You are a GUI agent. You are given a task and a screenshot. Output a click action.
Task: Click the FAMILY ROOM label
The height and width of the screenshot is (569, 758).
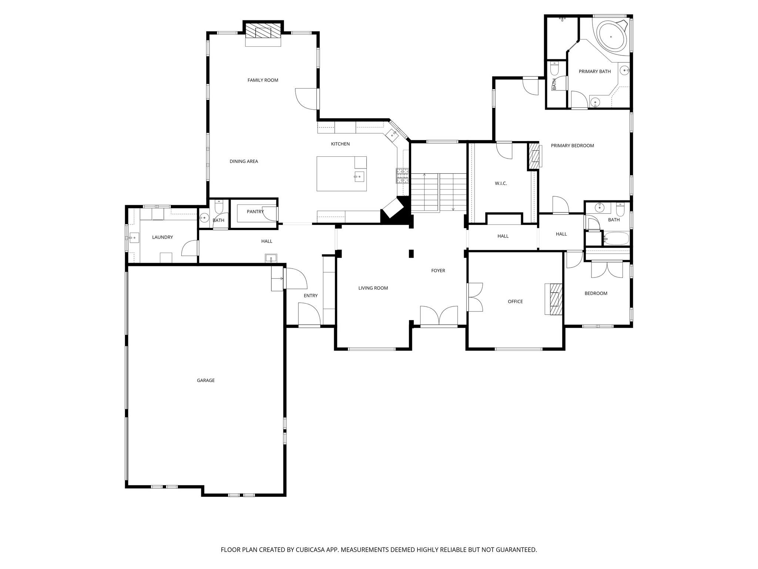coord(263,80)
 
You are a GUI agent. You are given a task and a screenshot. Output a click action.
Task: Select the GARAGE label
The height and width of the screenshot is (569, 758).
coord(206,380)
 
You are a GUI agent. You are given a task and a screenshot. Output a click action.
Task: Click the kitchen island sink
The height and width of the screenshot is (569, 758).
coord(359,177)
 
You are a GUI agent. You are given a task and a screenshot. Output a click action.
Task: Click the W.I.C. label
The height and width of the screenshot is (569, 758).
coord(501,183)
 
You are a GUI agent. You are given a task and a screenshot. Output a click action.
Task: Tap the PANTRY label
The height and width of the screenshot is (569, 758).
coord(255,212)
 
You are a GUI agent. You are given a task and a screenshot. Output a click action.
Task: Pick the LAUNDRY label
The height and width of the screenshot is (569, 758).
coord(162,237)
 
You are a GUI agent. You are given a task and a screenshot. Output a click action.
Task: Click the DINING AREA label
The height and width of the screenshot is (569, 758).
coord(244,161)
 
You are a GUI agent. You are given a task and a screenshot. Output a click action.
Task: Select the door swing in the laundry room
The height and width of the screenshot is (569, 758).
coord(189,248)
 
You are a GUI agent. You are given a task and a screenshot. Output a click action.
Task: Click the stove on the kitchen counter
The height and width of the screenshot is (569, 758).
coord(403,176)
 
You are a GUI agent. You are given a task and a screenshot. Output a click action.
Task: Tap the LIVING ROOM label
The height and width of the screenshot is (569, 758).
coord(373,288)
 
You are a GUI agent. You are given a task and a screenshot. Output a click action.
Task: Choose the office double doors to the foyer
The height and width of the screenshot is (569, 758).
coord(475,297)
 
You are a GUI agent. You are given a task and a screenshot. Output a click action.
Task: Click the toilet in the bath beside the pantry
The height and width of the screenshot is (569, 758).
coord(219,206)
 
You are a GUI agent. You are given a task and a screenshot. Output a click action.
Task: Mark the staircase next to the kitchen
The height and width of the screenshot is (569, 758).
coord(439,193)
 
